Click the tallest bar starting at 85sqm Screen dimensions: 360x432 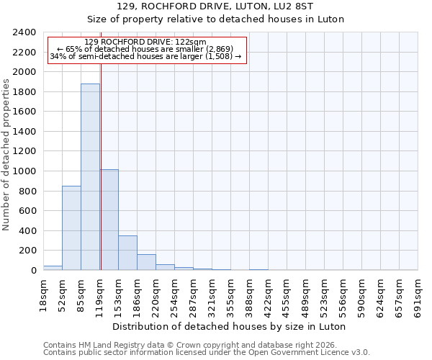point(90,176)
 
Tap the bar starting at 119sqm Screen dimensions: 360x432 point(109,220)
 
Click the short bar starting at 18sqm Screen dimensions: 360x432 point(53,268)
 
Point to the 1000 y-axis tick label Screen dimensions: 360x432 point(24,171)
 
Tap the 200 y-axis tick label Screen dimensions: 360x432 point(27,251)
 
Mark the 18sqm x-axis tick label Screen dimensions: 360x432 point(44,293)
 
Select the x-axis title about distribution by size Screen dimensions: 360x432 point(230,326)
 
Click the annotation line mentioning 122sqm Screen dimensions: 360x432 point(145,42)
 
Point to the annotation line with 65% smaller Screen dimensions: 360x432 point(145,49)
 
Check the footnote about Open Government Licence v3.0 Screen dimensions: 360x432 point(207,353)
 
